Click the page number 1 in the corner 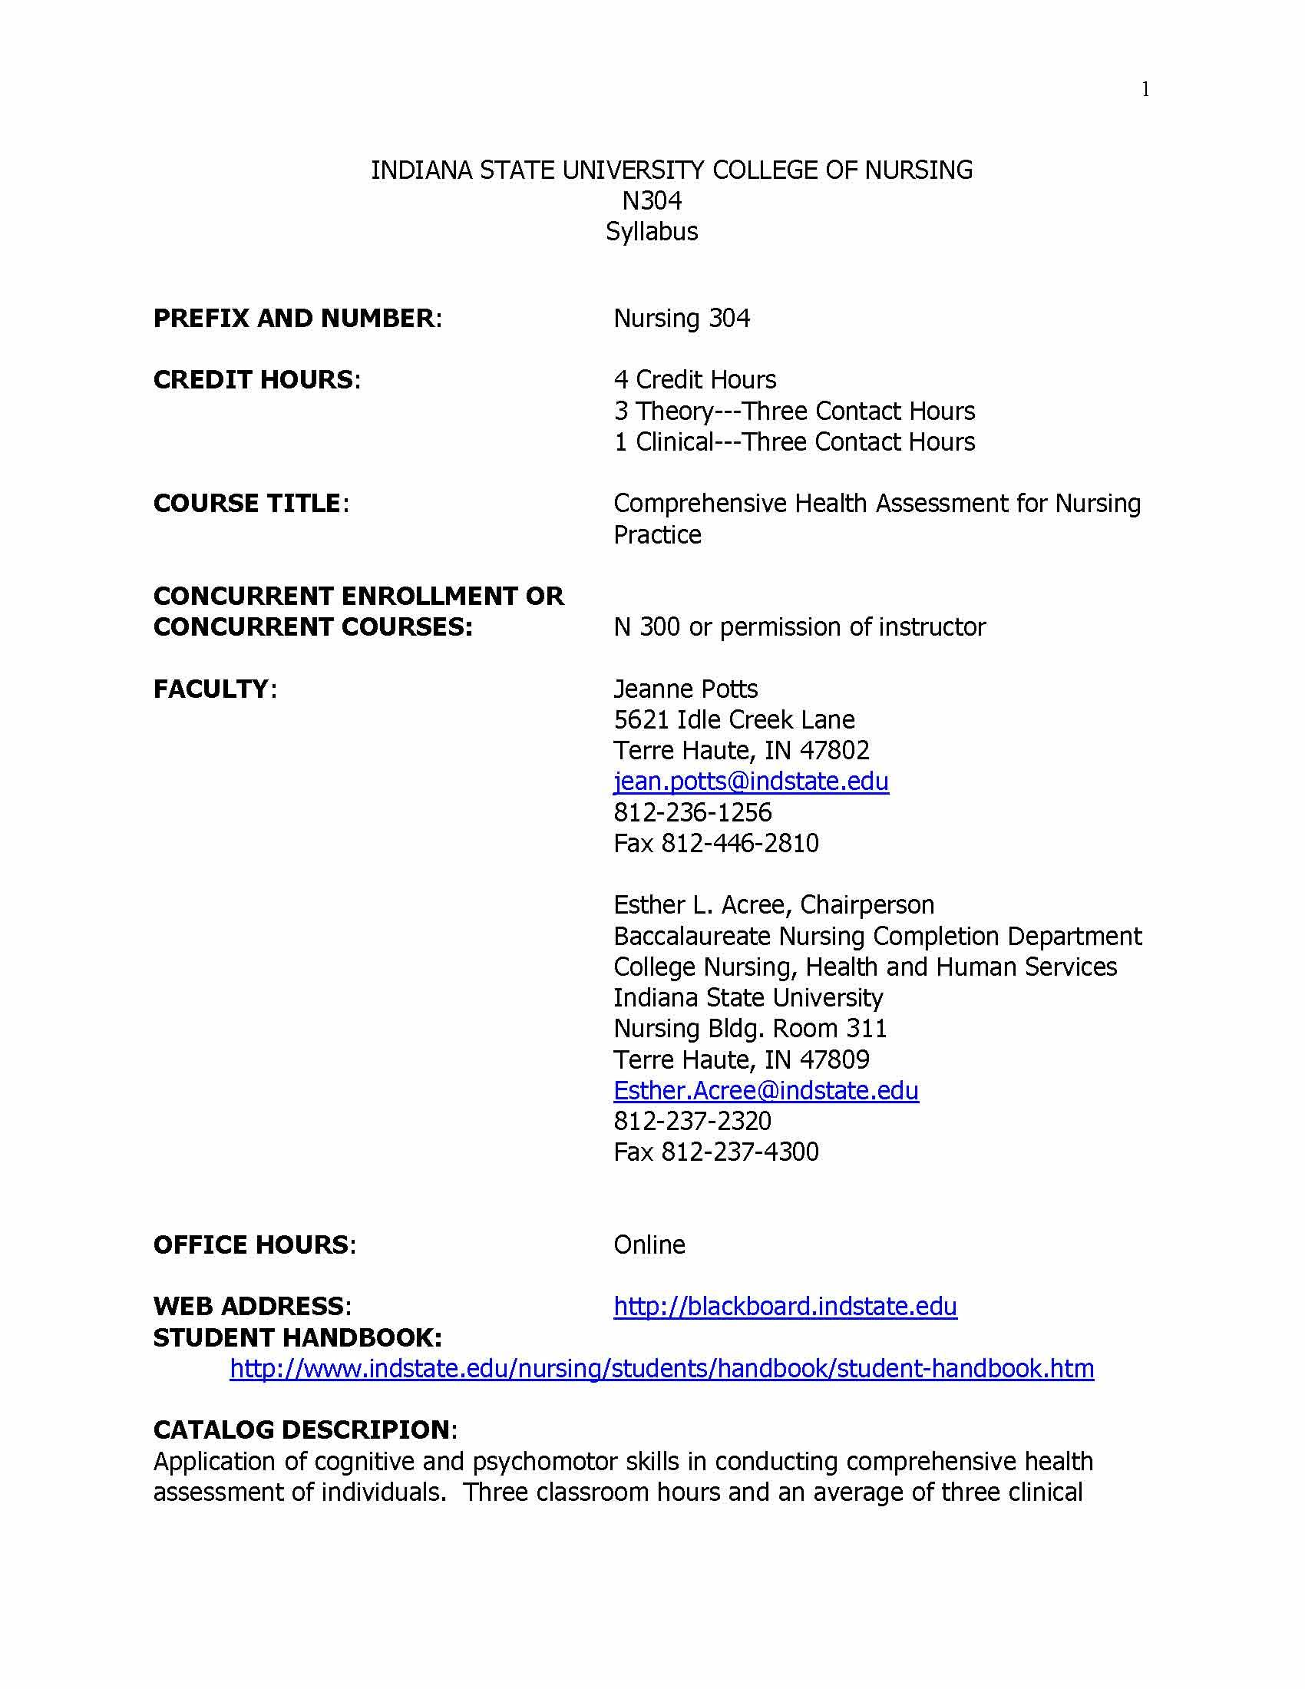[1145, 90]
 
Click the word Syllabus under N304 [652, 231]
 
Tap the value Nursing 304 [681, 318]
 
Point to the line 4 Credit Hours [694, 380]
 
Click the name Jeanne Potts [685, 689]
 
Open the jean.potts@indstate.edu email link [751, 781]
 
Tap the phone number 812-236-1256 [692, 812]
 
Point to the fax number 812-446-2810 [739, 843]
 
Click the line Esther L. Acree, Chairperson [773, 904]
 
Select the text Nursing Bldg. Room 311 [750, 1028]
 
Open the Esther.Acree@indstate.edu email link [765, 1089]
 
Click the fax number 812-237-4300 [739, 1152]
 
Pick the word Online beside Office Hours [649, 1244]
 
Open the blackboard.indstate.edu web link [785, 1306]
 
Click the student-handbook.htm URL [662, 1368]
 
